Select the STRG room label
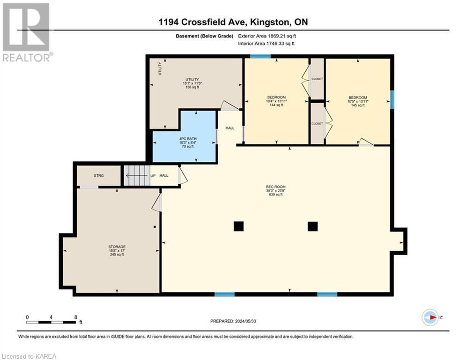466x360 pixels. [x=98, y=176]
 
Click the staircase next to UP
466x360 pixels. [x=136, y=176]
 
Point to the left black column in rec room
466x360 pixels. [x=238, y=226]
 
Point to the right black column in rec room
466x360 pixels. [x=312, y=226]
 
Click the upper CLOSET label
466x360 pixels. [x=317, y=79]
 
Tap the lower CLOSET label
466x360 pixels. [x=317, y=123]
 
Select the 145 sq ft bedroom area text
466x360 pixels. [x=357, y=105]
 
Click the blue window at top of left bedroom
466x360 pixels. [x=260, y=57]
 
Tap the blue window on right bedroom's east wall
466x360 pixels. [x=392, y=99]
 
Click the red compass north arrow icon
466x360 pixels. [x=430, y=317]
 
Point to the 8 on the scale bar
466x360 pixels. [x=76, y=317]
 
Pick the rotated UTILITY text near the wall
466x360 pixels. [x=160, y=69]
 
